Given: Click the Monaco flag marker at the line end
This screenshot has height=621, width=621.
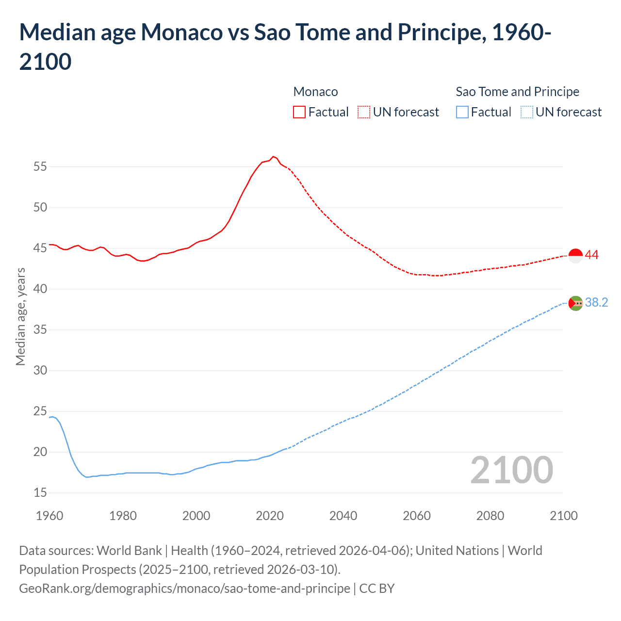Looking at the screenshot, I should tap(575, 255).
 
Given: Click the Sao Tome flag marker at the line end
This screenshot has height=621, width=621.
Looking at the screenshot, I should tap(575, 303).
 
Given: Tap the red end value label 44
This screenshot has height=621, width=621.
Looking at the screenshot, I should tap(592, 255).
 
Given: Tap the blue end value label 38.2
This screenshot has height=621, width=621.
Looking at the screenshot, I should tap(596, 303).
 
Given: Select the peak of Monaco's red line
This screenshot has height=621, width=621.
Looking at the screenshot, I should tap(274, 157).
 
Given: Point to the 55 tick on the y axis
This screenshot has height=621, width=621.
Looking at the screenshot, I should tap(40, 167).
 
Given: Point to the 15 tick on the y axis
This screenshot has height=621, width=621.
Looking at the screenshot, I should tap(40, 493).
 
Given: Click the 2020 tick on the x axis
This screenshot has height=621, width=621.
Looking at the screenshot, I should tap(270, 516).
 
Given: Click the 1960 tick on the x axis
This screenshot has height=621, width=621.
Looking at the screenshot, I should tap(49, 516).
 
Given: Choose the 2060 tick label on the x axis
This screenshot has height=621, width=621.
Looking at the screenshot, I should tap(417, 516).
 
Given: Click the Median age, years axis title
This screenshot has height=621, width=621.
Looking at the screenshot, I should tap(20, 316).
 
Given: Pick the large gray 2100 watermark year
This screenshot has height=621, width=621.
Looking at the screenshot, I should tap(511, 470).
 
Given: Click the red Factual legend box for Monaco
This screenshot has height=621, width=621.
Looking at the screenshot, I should tap(299, 113).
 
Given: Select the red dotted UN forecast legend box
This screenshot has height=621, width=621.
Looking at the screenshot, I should tap(364, 113).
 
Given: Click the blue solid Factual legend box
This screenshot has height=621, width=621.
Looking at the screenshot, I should tap(462, 113).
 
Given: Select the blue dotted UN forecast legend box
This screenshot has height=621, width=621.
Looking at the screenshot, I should tap(526, 113).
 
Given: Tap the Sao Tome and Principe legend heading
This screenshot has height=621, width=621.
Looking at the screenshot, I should tap(517, 92).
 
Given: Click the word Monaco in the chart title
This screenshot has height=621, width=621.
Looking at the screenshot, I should tap(181, 33).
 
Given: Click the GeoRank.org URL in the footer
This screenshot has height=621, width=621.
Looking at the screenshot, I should tap(184, 588).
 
